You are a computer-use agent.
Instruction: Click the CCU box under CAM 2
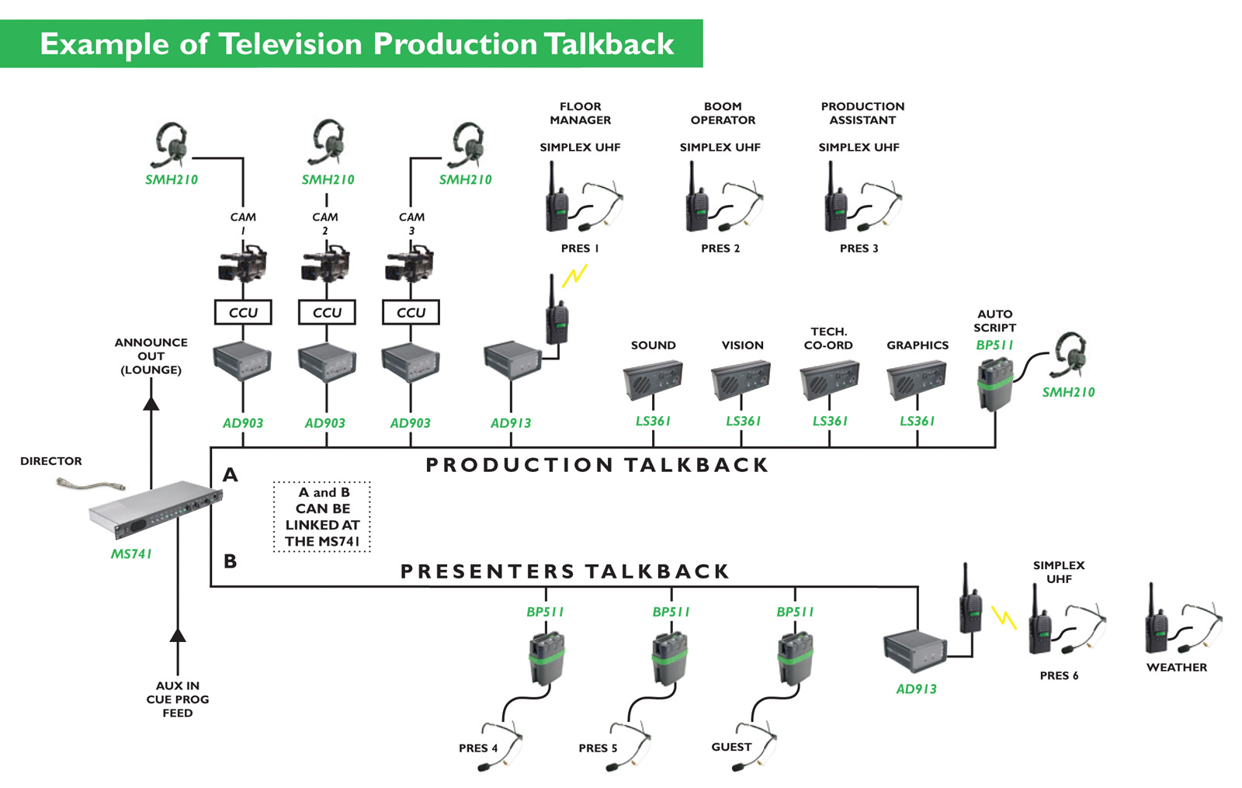pos(327,312)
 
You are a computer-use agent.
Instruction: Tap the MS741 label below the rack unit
pos(131,554)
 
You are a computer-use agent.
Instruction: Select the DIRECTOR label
pos(51,461)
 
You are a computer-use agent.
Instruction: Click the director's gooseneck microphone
pos(90,486)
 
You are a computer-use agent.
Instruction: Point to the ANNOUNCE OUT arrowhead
pos(151,403)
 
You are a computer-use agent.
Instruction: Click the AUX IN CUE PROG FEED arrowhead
pos(178,635)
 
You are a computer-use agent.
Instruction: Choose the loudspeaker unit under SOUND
pos(653,380)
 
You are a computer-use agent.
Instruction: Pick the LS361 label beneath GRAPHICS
pos(917,421)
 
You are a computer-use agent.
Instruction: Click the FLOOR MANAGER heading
pos(580,113)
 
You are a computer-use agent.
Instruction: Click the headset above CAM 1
pos(170,144)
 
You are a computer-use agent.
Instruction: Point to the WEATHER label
pos(1176,667)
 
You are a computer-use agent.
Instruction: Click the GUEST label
pos(731,747)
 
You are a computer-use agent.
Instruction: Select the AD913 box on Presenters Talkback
pos(914,651)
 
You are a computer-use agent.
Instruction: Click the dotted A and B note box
pos(322,516)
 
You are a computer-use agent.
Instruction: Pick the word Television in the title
pos(291,44)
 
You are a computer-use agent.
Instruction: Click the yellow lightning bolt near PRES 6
pos(1004,617)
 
